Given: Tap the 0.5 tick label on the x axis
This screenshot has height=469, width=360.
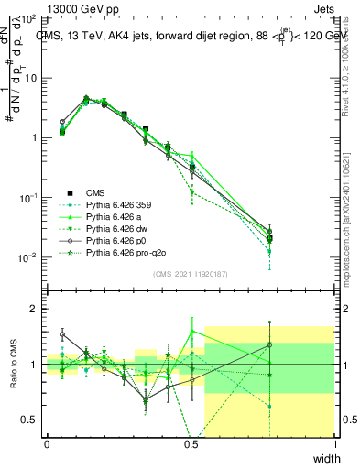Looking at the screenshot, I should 191,443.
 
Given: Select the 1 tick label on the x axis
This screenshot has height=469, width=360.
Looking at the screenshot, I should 335,443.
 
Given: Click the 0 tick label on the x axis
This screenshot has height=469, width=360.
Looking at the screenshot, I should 47,443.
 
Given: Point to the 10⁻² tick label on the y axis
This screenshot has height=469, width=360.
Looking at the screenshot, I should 27,257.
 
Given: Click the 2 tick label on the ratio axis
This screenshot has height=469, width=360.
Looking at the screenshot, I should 32,310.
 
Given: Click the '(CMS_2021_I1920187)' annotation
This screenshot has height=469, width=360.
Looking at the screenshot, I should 191,274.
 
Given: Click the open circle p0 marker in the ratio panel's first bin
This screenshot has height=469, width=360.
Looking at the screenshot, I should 63,334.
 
